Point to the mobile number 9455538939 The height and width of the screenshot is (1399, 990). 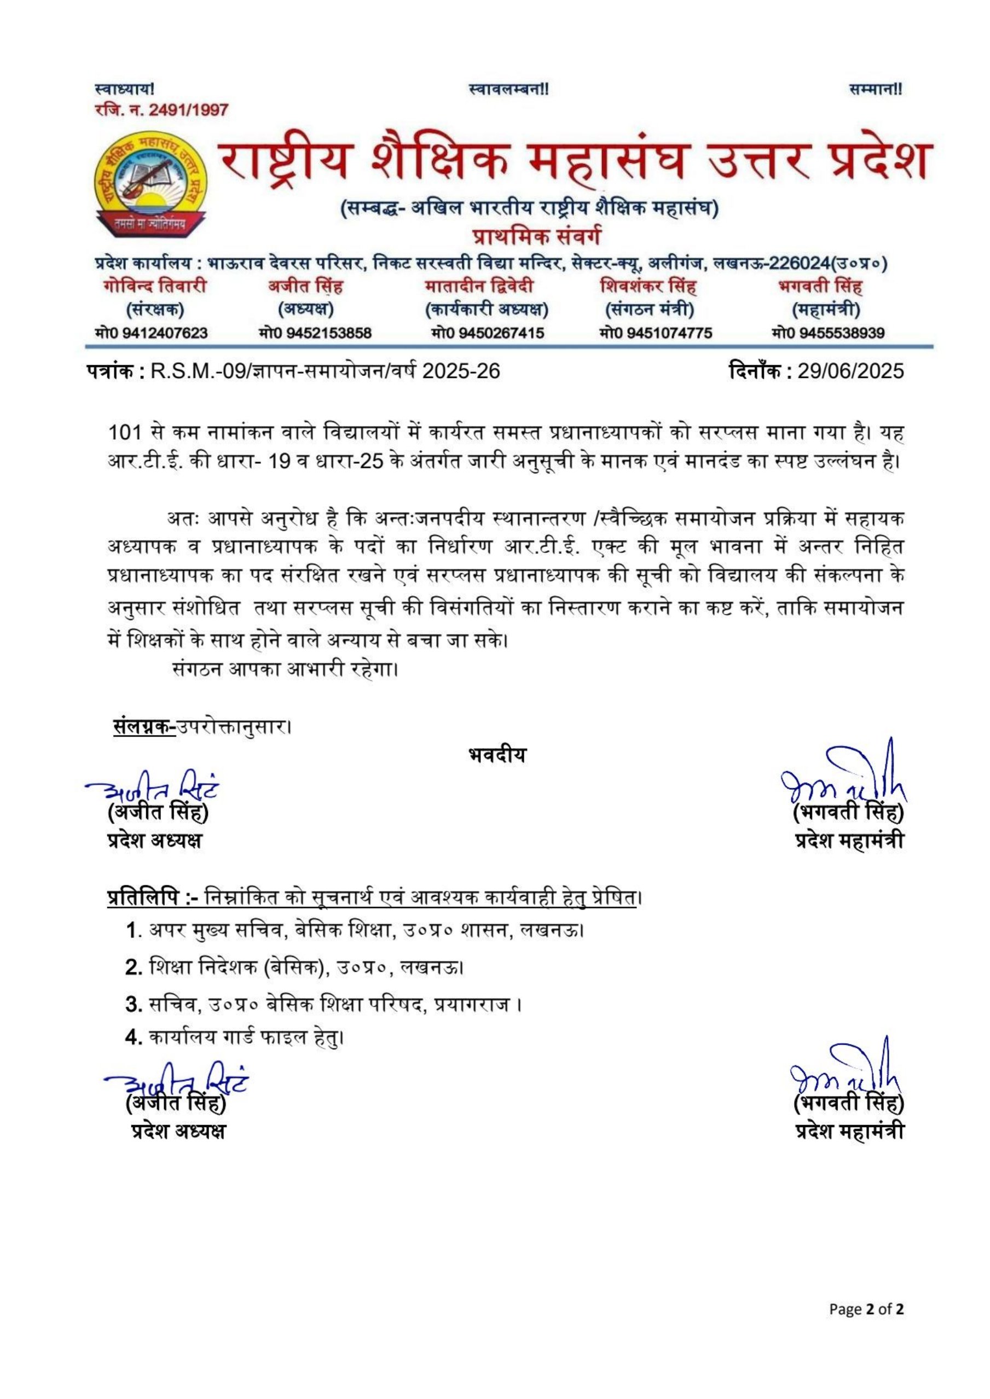coord(842,333)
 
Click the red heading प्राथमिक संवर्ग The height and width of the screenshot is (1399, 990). coord(537,235)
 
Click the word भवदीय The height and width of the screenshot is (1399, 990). coord(497,755)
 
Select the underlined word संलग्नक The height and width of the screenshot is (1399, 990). coord(144,727)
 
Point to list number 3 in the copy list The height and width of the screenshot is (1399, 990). coord(133,1005)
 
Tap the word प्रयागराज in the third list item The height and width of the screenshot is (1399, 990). coord(472,1005)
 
